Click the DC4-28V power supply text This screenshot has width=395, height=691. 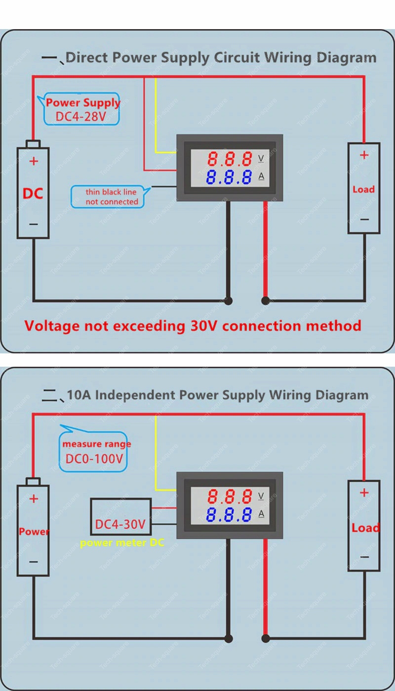coord(81,117)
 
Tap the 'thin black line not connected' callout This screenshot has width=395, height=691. coord(112,196)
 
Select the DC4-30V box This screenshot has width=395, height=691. coord(121,517)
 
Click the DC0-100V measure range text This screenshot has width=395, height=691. coord(94,459)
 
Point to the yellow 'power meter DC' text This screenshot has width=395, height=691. coord(122,543)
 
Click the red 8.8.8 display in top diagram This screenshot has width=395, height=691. coord(230,159)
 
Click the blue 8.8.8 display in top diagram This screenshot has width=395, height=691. coord(230,177)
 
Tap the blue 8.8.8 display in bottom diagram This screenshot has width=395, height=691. coord(230,515)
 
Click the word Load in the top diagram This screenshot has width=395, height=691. coord(363,189)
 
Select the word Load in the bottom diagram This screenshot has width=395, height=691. coord(365,528)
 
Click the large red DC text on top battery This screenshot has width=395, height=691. coord(33,193)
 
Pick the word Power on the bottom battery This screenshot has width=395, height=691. coord(34,532)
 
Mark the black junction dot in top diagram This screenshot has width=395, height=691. coord(228,300)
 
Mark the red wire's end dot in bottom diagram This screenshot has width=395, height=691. coord(266,639)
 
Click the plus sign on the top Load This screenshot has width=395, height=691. coord(364,155)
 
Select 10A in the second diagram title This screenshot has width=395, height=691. coord(78,395)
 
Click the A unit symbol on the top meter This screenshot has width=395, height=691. coord(261,177)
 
